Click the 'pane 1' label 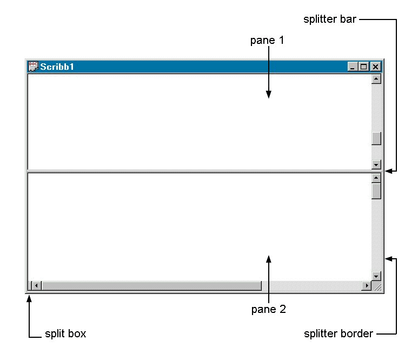[267, 41]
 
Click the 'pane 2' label [268, 310]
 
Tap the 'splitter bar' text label [330, 19]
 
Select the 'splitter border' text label [339, 333]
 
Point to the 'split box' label [65, 333]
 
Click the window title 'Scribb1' [57, 67]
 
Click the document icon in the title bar [33, 67]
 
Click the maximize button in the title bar [364, 67]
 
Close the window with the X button [375, 67]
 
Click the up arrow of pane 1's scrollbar [376, 79]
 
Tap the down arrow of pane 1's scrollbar [376, 165]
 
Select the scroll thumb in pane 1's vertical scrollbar [376, 139]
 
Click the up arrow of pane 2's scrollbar [376, 178]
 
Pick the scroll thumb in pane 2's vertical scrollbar [376, 191]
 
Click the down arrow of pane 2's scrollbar [376, 276]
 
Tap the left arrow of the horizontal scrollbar [37, 285]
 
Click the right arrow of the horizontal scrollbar [367, 285]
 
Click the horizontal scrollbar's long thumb [151, 285]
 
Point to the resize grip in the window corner [377, 287]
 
